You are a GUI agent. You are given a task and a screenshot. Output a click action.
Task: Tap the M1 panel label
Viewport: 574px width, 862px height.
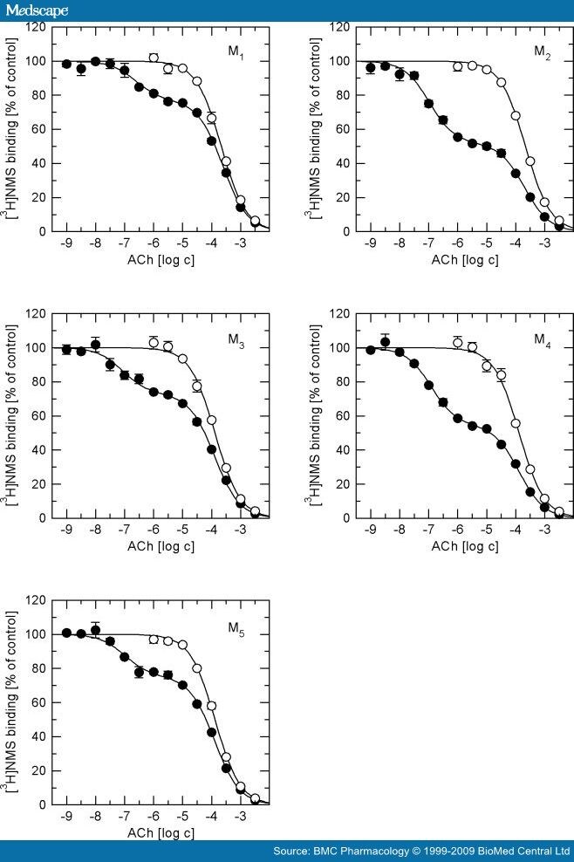pos(236,51)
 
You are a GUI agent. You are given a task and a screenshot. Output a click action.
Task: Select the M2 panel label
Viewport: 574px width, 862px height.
pos(542,51)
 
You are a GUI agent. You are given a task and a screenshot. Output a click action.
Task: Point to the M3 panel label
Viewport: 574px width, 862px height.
pos(236,339)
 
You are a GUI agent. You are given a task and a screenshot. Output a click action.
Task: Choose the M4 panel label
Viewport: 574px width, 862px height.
pos(542,338)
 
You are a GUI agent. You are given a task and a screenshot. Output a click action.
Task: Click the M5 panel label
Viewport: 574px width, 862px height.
pos(236,626)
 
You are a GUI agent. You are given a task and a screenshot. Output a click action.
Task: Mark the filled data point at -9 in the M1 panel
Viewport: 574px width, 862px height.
pos(66,64)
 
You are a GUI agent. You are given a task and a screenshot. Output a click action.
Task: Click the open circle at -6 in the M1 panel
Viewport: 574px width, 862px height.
pos(154,58)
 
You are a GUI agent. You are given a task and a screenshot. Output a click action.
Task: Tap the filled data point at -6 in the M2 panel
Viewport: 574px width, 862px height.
pos(457,137)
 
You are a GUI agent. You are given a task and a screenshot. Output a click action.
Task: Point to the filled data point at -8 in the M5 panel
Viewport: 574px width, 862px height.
pos(95,630)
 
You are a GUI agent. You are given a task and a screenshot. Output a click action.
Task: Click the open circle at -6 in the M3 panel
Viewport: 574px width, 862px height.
pos(154,343)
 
